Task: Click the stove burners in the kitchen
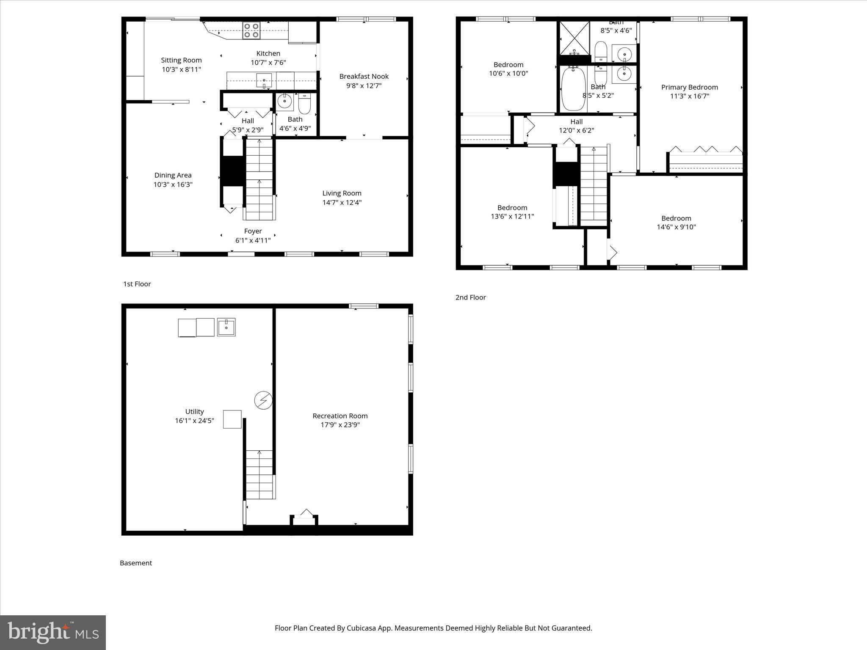click(251, 31)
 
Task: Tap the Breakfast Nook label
click(364, 77)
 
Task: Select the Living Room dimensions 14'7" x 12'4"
click(342, 202)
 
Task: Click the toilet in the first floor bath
click(304, 104)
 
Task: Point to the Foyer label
click(253, 231)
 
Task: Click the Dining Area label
click(173, 175)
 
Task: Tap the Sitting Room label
click(181, 60)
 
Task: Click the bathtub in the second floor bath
click(573, 89)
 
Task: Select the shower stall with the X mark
click(574, 38)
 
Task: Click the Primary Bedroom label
click(689, 87)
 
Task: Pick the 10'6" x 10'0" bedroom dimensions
click(508, 73)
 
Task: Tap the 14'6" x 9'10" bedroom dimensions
click(676, 227)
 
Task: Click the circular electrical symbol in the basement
click(263, 400)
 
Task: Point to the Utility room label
click(194, 411)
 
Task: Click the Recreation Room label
click(340, 416)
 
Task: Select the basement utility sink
click(226, 327)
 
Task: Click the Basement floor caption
click(135, 563)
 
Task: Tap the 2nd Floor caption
click(470, 297)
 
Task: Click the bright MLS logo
click(53, 633)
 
